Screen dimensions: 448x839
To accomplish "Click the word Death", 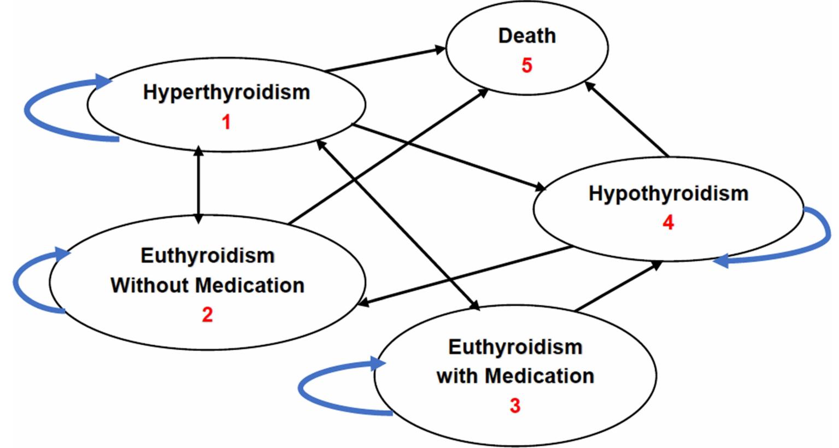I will coord(527,36).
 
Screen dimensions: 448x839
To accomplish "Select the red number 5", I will coord(526,66).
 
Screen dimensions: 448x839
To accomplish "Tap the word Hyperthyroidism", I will coord(226,92).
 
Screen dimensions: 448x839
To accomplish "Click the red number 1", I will coord(226,122).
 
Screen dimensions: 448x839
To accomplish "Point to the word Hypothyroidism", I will coord(668,193).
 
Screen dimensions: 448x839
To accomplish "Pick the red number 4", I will coord(668,223).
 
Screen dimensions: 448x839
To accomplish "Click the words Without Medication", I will coord(207,285).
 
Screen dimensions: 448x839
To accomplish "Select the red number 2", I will coord(207,315).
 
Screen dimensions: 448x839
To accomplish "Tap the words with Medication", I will coord(515,376).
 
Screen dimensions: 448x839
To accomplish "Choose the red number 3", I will coord(515,406).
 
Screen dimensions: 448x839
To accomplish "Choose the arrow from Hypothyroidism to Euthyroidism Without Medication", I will coord(465,276).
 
